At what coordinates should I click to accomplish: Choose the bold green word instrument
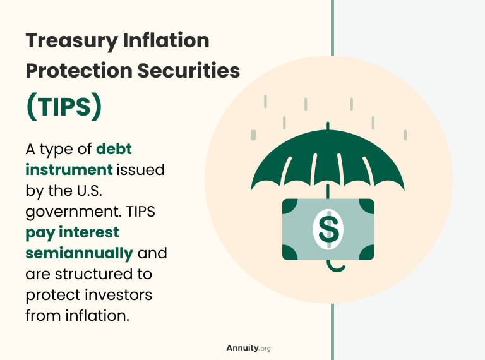coord(69,170)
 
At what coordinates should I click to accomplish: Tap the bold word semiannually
coord(79,253)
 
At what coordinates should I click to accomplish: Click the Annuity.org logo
coord(248,348)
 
